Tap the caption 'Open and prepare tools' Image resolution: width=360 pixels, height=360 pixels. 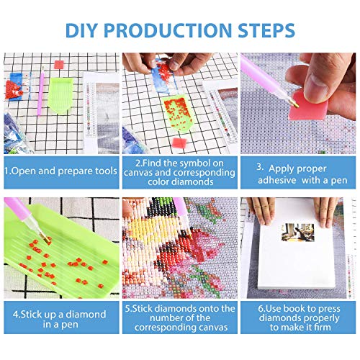click(60, 171)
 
